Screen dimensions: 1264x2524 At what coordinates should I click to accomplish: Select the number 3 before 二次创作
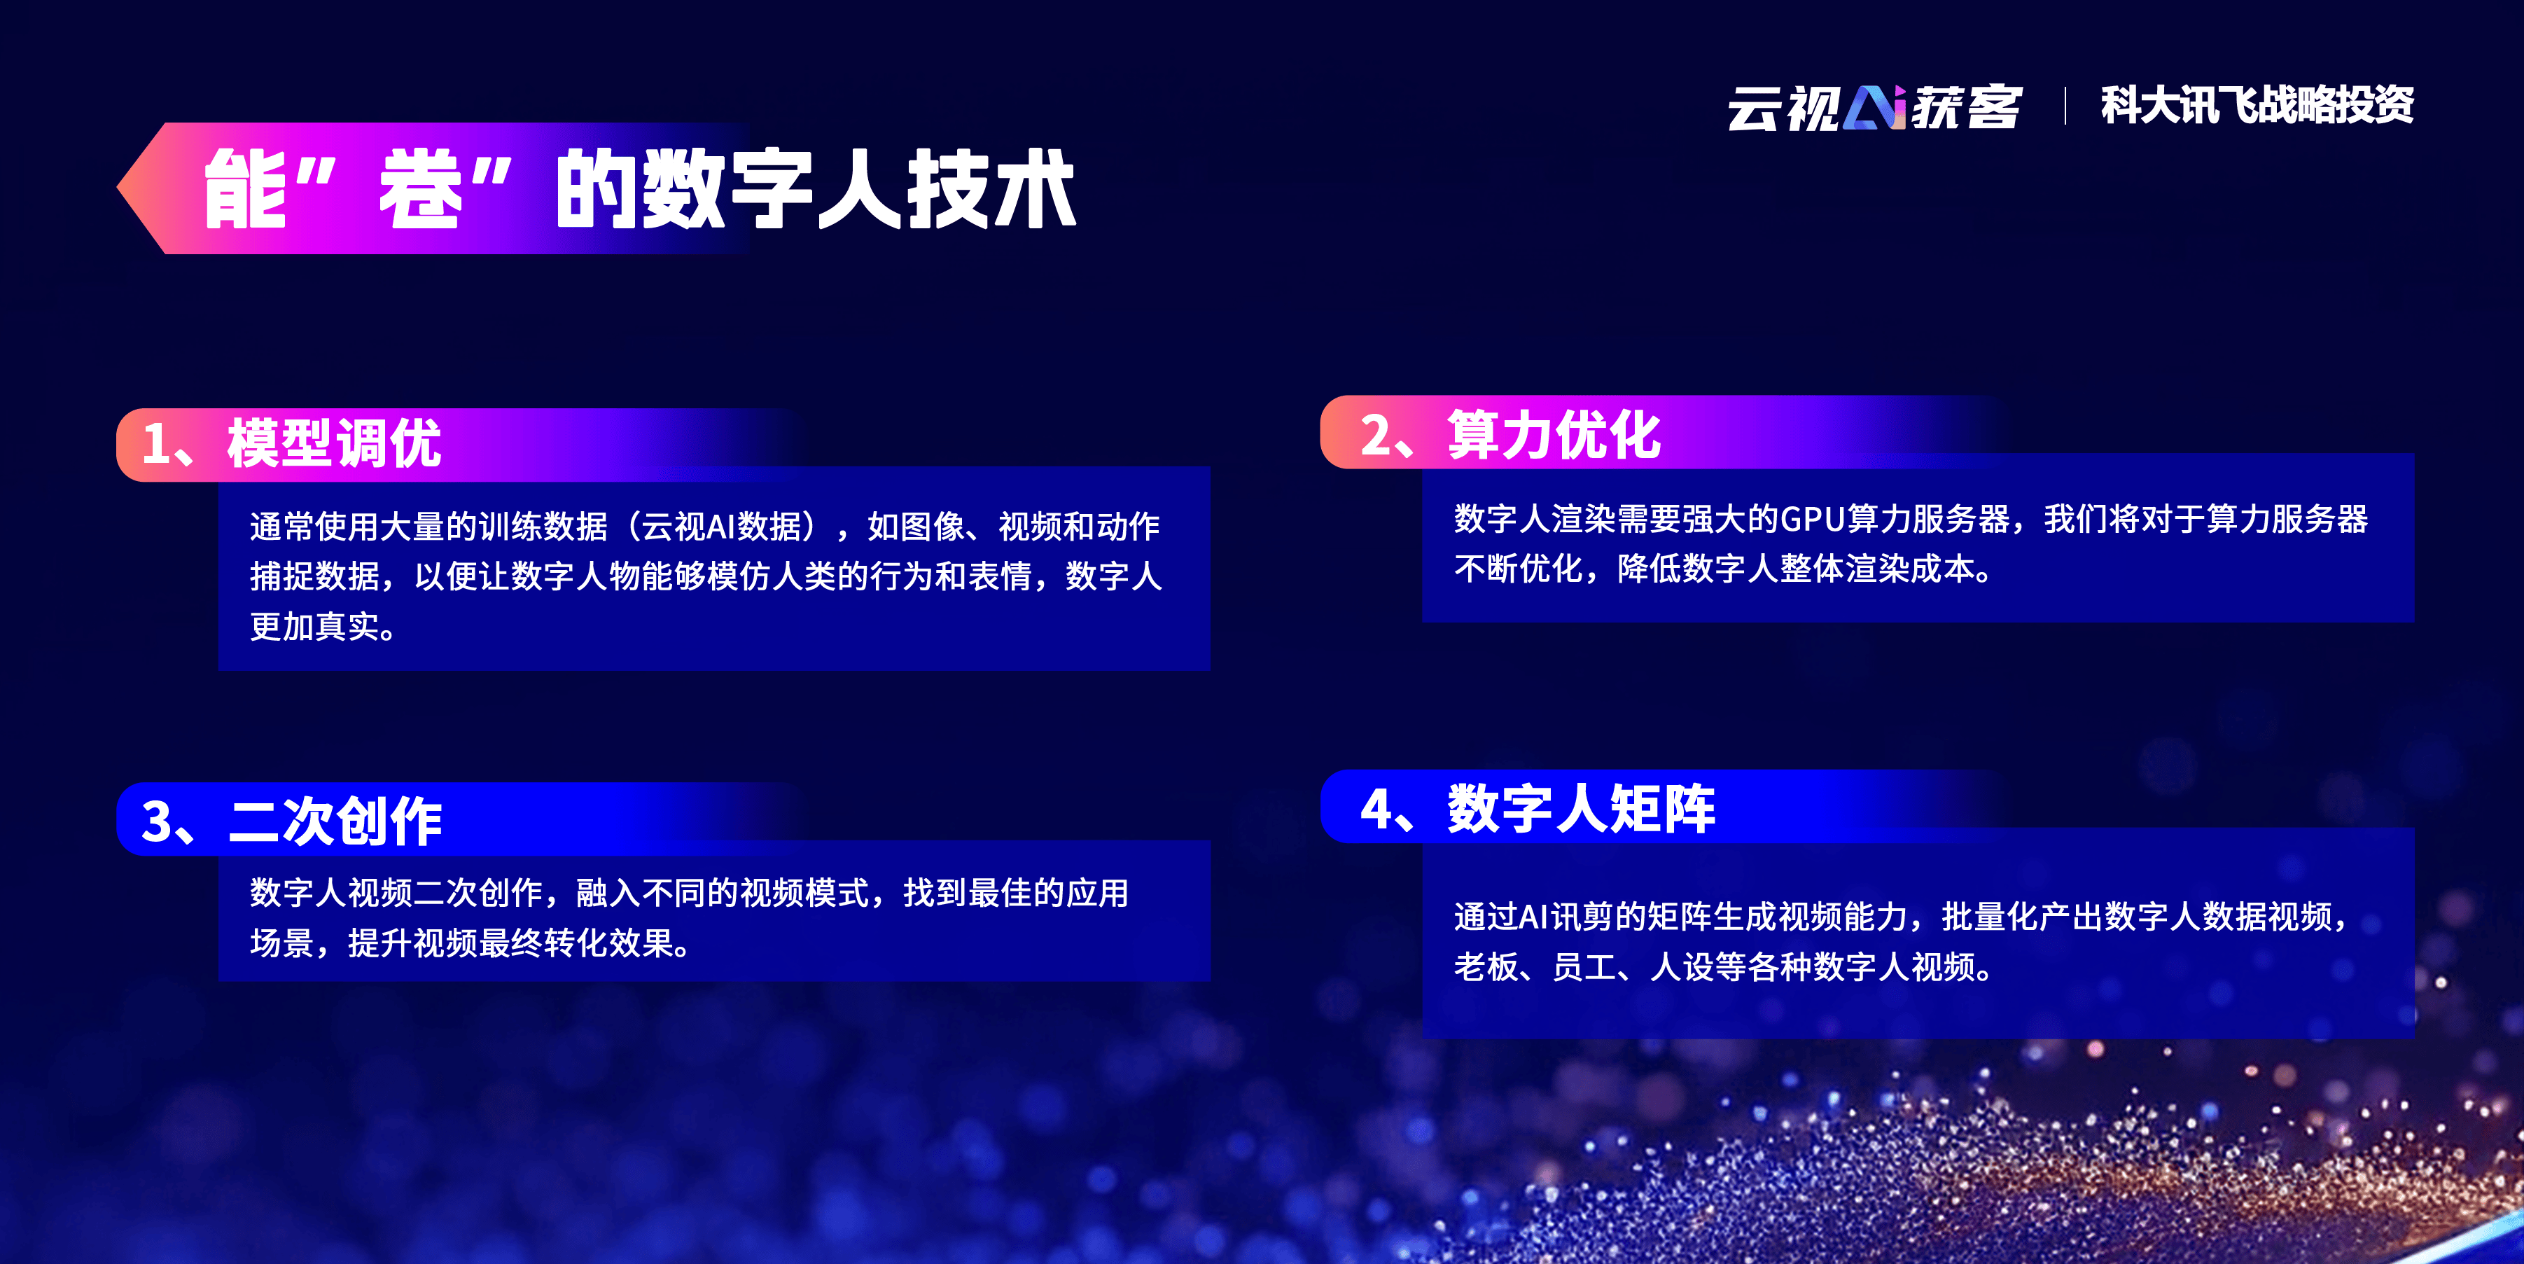coord(157,821)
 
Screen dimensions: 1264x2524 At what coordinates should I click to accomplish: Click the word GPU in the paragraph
coord(1813,520)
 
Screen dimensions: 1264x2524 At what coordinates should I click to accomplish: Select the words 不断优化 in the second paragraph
coord(1518,569)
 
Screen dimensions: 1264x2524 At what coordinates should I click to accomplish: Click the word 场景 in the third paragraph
coord(282,943)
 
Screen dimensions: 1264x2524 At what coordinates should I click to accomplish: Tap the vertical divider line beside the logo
coord(2065,106)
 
